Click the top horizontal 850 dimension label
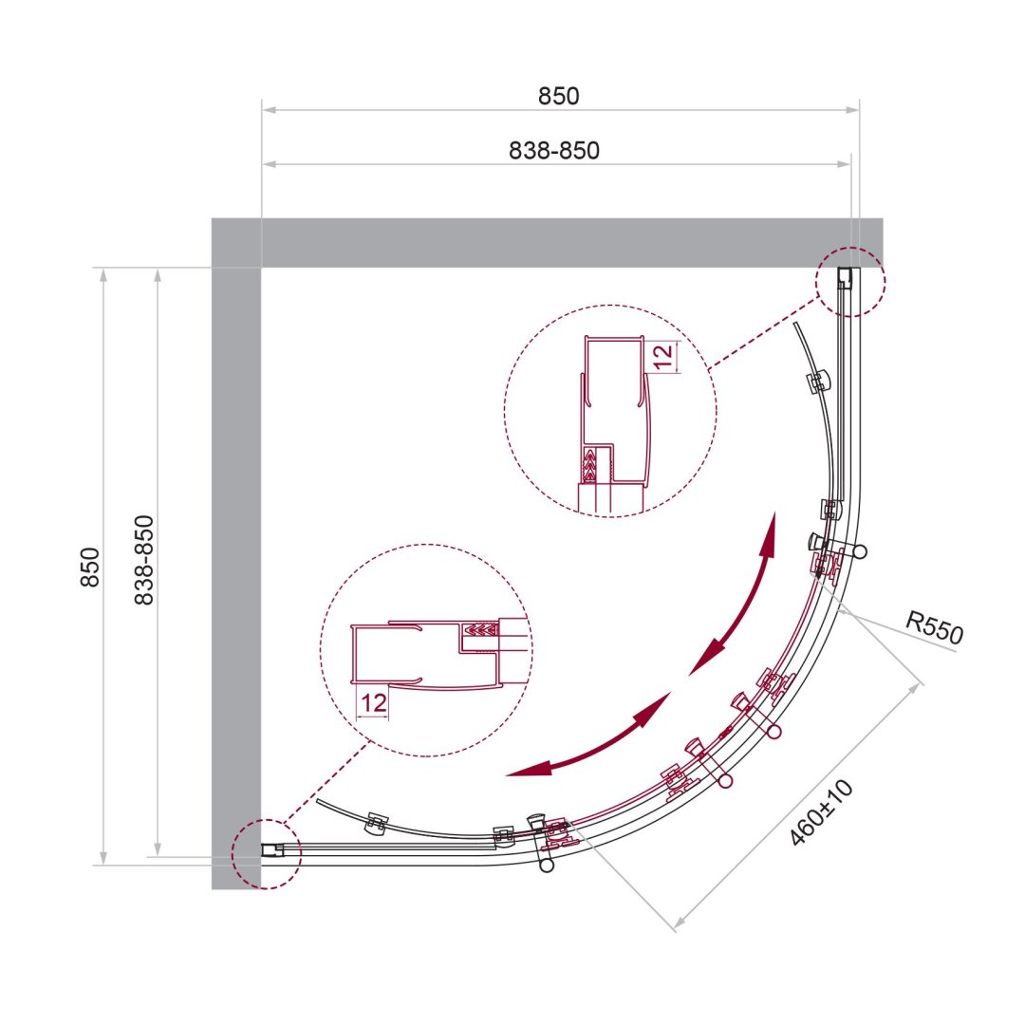pyautogui.click(x=558, y=96)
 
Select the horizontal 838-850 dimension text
pyautogui.click(x=553, y=150)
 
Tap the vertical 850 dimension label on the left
pyautogui.click(x=90, y=567)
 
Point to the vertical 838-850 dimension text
pyautogui.click(x=144, y=560)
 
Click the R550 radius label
pyautogui.click(x=934, y=627)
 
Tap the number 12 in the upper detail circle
pyautogui.click(x=662, y=356)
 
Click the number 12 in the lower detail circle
pyautogui.click(x=373, y=702)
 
